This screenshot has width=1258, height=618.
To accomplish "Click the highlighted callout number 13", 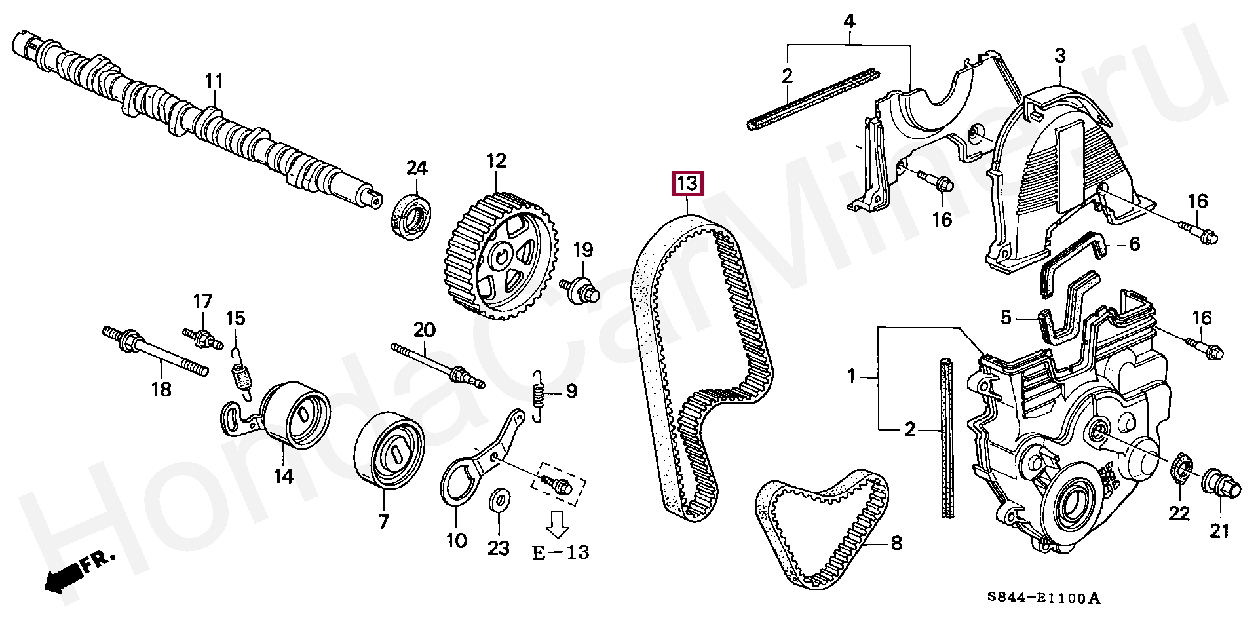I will pyautogui.click(x=687, y=183).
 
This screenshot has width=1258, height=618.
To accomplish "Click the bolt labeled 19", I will pyautogui.click(x=581, y=289).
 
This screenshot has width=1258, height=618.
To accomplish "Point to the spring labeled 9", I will pyautogui.click(x=539, y=396).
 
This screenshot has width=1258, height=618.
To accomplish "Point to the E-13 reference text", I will pyautogui.click(x=560, y=552).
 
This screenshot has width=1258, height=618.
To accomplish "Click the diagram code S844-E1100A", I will pyautogui.click(x=1044, y=598).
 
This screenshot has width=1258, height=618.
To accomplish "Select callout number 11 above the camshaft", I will pyautogui.click(x=214, y=81).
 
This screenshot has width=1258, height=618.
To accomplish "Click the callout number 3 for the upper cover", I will pyautogui.click(x=1060, y=56).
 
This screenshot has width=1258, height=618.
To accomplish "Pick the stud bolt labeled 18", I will pyautogui.click(x=156, y=354).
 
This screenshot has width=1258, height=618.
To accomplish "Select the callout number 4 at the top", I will pyautogui.click(x=849, y=21).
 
